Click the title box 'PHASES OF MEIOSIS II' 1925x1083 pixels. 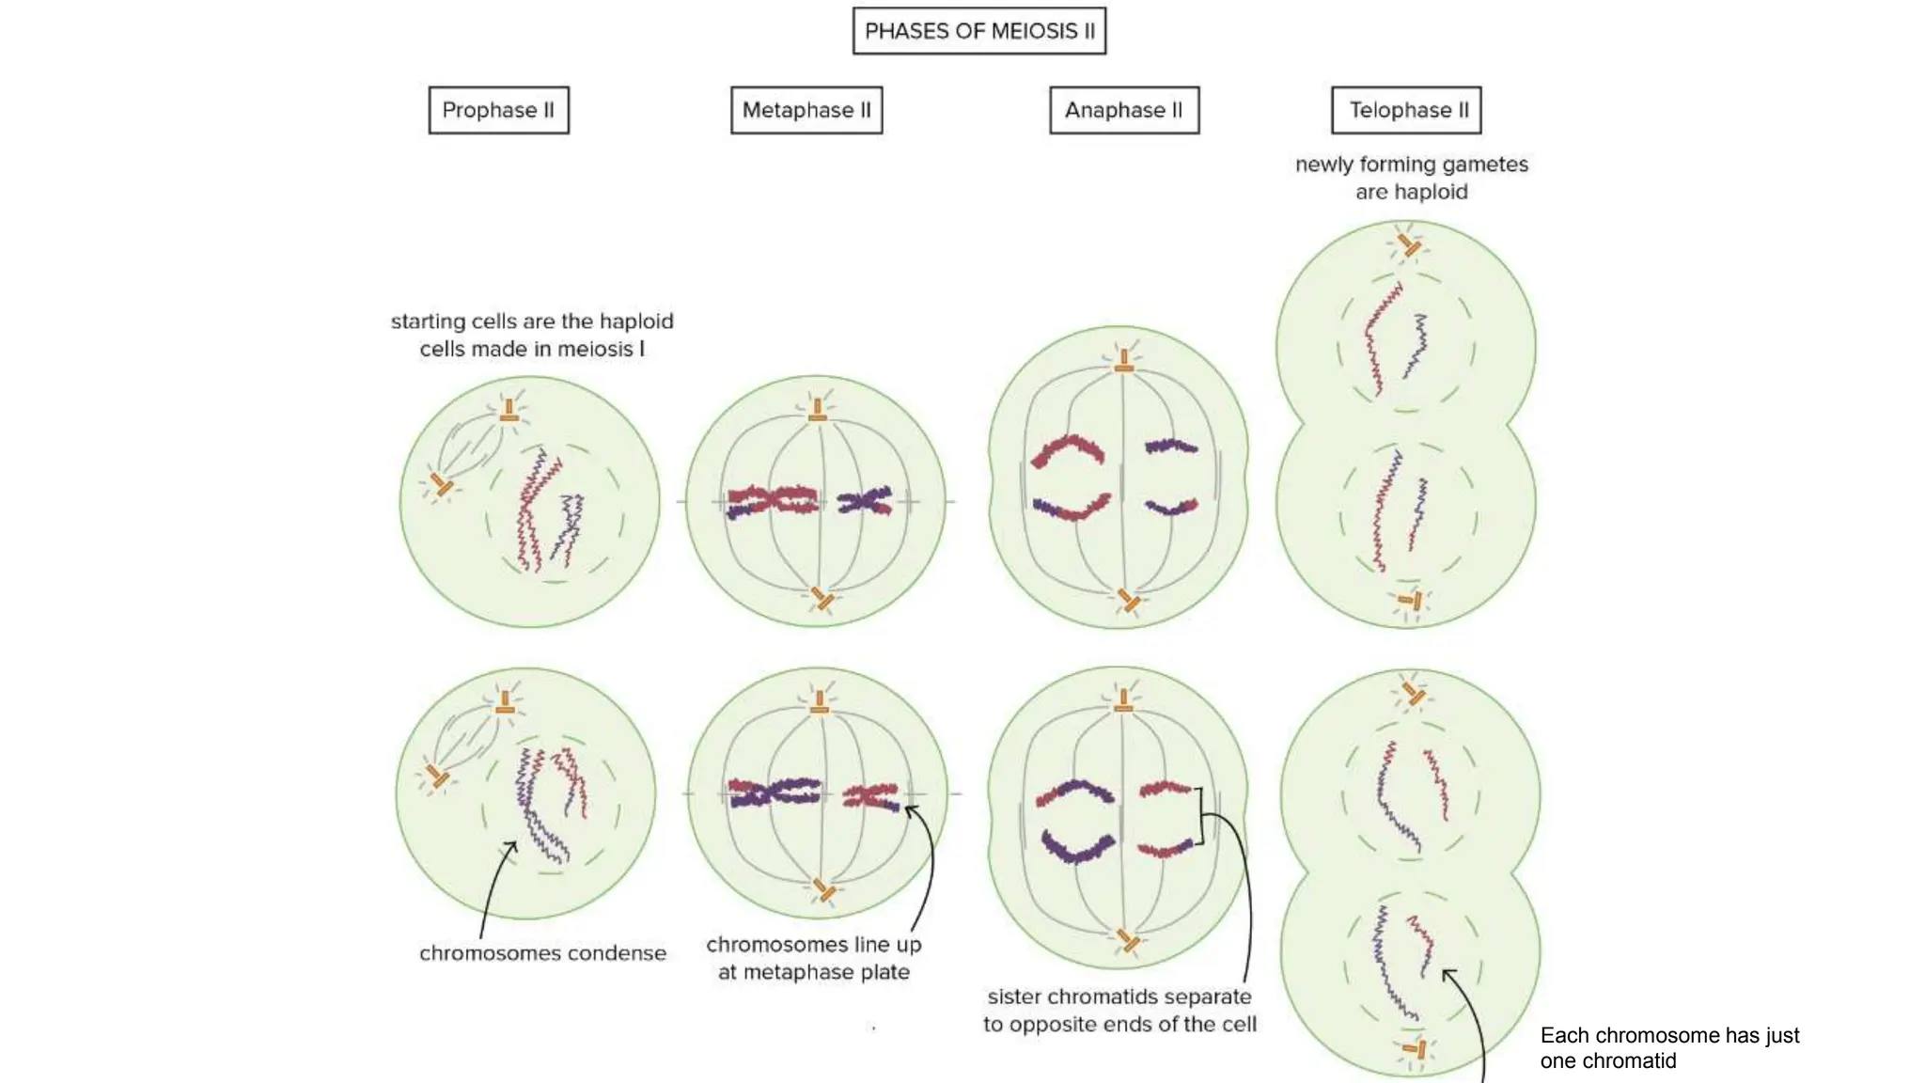pos(978,31)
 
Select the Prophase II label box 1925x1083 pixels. pos(498,110)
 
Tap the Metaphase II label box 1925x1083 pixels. pos(806,110)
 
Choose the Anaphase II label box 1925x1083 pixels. pos(1124,110)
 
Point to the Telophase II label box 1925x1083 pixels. pos(1406,110)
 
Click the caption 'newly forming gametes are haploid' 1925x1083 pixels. pos(1411,178)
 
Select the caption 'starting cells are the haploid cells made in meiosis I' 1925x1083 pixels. pos(532,335)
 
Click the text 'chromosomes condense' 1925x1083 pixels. pos(542,953)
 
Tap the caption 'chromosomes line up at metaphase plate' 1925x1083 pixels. pos(813,958)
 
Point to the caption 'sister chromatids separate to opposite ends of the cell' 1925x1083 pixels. pos(1119,1010)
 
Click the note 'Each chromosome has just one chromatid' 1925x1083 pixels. pos(1669,1047)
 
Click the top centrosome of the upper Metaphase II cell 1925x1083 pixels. pos(818,410)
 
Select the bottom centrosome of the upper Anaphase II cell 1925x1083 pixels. pos(1129,600)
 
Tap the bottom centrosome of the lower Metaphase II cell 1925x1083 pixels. pos(824,889)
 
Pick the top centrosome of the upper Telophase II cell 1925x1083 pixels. pos(1408,245)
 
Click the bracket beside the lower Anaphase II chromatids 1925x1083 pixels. pos(1200,816)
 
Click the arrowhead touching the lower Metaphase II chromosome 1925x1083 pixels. pos(910,809)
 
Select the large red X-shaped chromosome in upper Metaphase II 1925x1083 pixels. pos(773,500)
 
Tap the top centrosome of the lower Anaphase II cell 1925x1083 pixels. pos(1123,701)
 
